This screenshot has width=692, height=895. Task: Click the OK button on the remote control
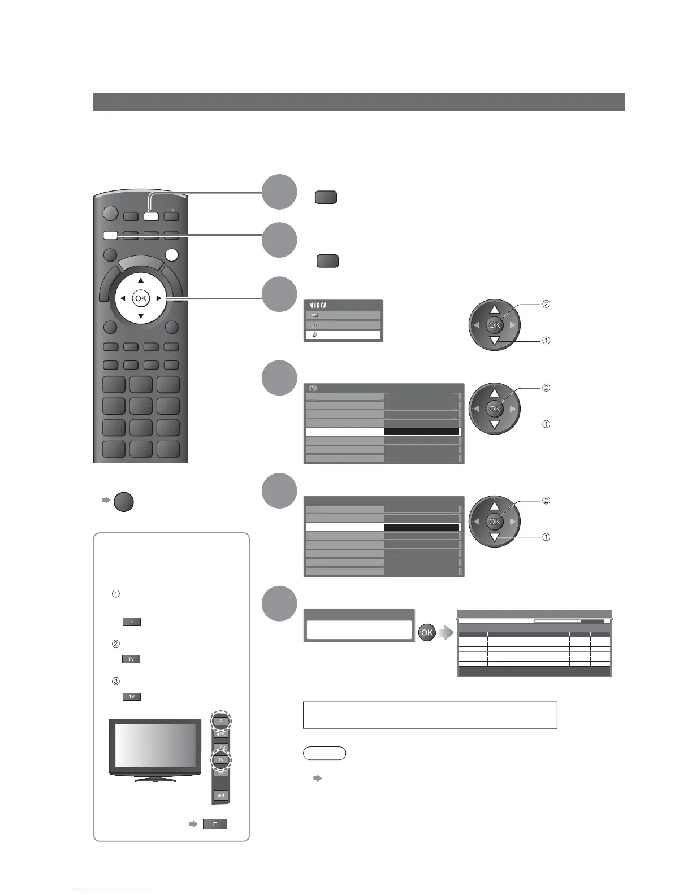pyautogui.click(x=140, y=298)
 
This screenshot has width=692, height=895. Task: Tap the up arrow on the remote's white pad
pyautogui.click(x=141, y=280)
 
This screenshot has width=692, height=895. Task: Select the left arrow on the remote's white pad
pyautogui.click(x=123, y=298)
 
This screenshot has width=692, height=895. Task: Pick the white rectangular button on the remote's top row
pyautogui.click(x=150, y=215)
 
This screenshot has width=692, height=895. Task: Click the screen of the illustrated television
pyautogui.click(x=155, y=747)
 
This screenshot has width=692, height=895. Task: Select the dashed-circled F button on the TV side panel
pyautogui.click(x=220, y=721)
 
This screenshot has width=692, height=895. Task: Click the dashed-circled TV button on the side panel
pyautogui.click(x=220, y=759)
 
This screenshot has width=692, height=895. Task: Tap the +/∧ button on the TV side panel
pyautogui.click(x=220, y=734)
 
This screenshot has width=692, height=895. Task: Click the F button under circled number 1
pyautogui.click(x=131, y=622)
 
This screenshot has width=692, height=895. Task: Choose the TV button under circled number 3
pyautogui.click(x=131, y=697)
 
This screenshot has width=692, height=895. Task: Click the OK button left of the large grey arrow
pyautogui.click(x=426, y=632)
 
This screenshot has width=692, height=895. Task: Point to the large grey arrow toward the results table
pyautogui.click(x=446, y=632)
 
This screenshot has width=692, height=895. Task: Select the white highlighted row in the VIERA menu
pyautogui.click(x=343, y=334)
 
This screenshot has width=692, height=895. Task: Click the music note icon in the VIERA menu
pyautogui.click(x=315, y=325)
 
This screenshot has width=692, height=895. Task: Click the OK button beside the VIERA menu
pyautogui.click(x=495, y=325)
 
